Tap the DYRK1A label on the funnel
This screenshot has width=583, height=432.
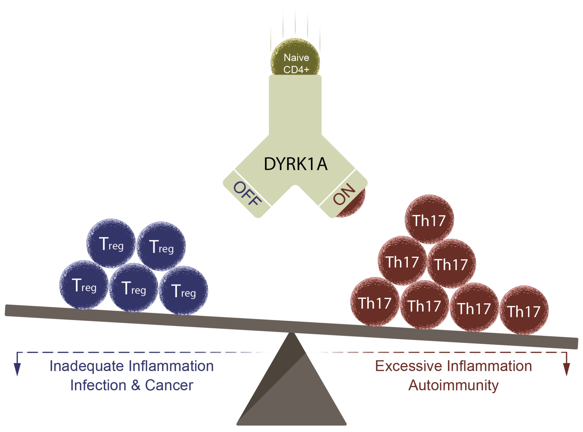[x=295, y=164]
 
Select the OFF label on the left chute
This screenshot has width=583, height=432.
[x=247, y=194]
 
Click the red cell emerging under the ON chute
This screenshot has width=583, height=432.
[x=356, y=206]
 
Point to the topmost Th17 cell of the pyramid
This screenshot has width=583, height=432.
[x=429, y=220]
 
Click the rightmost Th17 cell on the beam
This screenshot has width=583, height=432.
[x=524, y=310]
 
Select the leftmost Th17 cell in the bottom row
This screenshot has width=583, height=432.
[x=375, y=302]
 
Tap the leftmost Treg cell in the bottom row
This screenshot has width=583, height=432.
[x=84, y=285]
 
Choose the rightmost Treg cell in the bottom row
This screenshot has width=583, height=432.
[x=183, y=291]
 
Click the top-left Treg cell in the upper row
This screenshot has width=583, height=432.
[x=111, y=243]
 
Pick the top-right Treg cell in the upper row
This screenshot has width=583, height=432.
[x=161, y=246]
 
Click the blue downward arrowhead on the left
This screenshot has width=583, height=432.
[x=17, y=368]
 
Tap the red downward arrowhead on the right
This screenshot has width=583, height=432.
[x=566, y=368]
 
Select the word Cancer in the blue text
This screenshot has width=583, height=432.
[x=169, y=385]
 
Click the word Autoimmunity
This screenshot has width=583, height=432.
[x=453, y=385]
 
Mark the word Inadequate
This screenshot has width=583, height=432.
[x=87, y=366]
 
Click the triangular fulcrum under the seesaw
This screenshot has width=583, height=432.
[x=291, y=390]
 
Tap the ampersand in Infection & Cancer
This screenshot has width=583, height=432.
[x=135, y=385]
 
